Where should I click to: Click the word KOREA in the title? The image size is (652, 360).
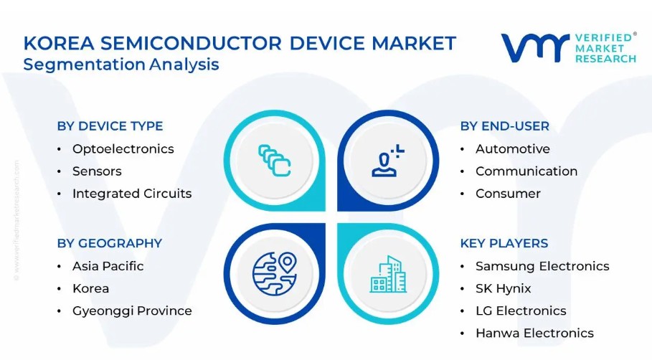pyautogui.click(x=58, y=43)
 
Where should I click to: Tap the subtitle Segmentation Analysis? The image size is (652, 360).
pyautogui.click(x=121, y=65)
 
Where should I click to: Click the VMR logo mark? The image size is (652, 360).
pyautogui.click(x=535, y=48)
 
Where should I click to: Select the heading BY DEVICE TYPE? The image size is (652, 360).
pyautogui.click(x=110, y=126)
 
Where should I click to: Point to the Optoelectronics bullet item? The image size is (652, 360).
pyautogui.click(x=123, y=149)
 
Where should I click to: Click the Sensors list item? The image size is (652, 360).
pyautogui.click(x=97, y=171)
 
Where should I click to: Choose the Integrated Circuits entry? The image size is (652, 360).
pyautogui.click(x=132, y=194)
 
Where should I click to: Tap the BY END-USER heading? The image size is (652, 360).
pyautogui.click(x=504, y=126)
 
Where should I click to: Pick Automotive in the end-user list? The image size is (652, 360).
pyautogui.click(x=513, y=149)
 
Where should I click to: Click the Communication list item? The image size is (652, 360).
pyautogui.click(x=526, y=171)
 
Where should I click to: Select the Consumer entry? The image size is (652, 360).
pyautogui.click(x=508, y=194)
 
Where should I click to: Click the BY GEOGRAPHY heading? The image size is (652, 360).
pyautogui.click(x=109, y=243)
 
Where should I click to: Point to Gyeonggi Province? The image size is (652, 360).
pyautogui.click(x=132, y=311)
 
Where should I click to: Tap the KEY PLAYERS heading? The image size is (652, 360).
pyautogui.click(x=504, y=243)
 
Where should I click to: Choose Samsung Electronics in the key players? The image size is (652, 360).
pyautogui.click(x=542, y=266)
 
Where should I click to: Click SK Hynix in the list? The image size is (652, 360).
pyautogui.click(x=503, y=288)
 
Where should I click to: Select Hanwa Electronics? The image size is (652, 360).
pyautogui.click(x=535, y=333)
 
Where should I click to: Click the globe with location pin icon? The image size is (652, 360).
pyautogui.click(x=275, y=274)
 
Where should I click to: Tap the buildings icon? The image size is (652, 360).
pyautogui.click(x=388, y=274)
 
